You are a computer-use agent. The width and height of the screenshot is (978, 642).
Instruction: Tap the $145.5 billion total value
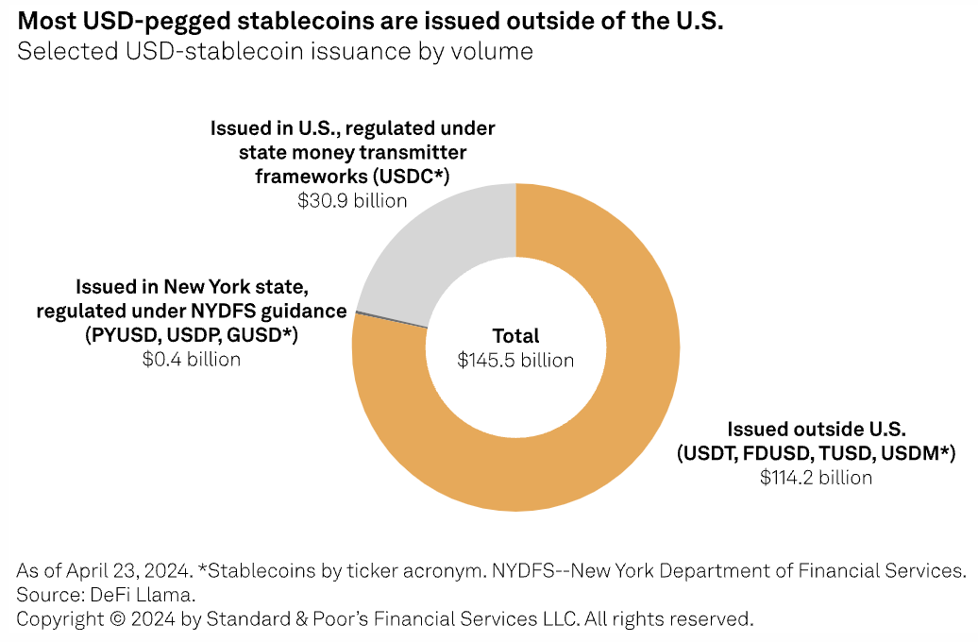coord(515,360)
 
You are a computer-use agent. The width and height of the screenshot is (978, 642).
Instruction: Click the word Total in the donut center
coord(515,336)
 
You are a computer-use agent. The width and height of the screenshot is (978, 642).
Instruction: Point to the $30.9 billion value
coord(352,200)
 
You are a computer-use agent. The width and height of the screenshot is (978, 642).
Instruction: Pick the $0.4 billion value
coord(192,359)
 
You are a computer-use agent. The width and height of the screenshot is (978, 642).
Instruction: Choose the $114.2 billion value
coord(816,478)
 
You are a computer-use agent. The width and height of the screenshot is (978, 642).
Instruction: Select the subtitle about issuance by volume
coord(275,51)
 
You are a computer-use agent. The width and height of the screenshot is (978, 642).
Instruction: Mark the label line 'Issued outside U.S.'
coord(816,429)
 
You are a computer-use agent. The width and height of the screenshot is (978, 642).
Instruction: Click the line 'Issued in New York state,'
coord(192,286)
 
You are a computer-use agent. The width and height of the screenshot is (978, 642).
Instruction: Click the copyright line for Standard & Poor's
coord(385,619)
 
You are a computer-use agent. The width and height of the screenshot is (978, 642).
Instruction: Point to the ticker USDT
coord(709,453)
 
